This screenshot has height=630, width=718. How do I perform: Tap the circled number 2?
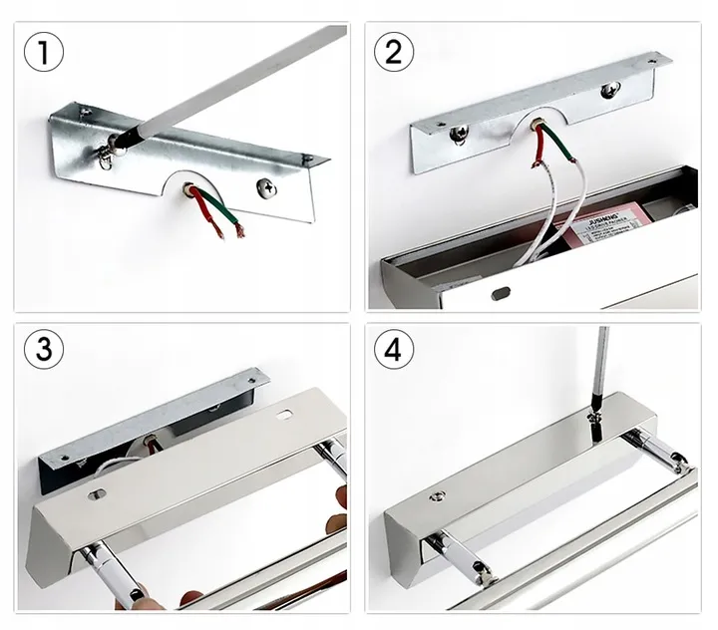[x=393, y=51]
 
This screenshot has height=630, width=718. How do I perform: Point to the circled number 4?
[x=393, y=349]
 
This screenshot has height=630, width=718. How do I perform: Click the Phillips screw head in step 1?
[x=267, y=185]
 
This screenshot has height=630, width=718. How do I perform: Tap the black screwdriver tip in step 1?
[x=126, y=140]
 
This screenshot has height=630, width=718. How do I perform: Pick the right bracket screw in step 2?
[x=608, y=91]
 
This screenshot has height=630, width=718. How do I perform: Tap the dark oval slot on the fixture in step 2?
[x=501, y=293]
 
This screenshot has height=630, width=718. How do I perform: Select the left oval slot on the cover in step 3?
[x=97, y=492]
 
